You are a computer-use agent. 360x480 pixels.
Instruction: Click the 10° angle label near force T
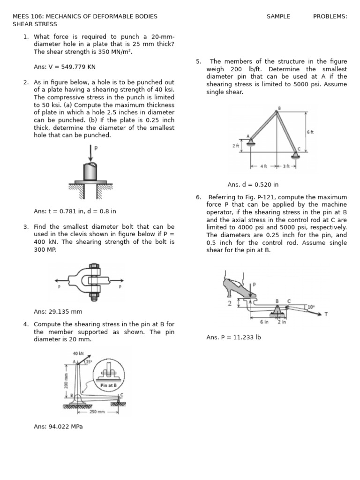[311, 307]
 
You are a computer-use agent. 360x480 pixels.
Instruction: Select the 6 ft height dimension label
[310, 132]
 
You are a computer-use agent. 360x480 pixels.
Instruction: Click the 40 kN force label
[78, 353]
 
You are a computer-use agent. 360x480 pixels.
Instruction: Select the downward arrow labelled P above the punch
[90, 153]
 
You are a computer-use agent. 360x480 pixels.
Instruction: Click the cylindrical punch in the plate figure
[90, 172]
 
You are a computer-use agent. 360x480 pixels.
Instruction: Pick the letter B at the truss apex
[279, 108]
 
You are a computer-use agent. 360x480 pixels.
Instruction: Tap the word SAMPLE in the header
[278, 16]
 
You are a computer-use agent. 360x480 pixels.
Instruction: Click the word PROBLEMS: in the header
[330, 16]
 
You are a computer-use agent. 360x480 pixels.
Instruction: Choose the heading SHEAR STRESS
[35, 24]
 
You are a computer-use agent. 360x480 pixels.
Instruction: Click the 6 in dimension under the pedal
[264, 322]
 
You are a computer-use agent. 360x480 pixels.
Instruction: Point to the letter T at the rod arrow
[326, 315]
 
